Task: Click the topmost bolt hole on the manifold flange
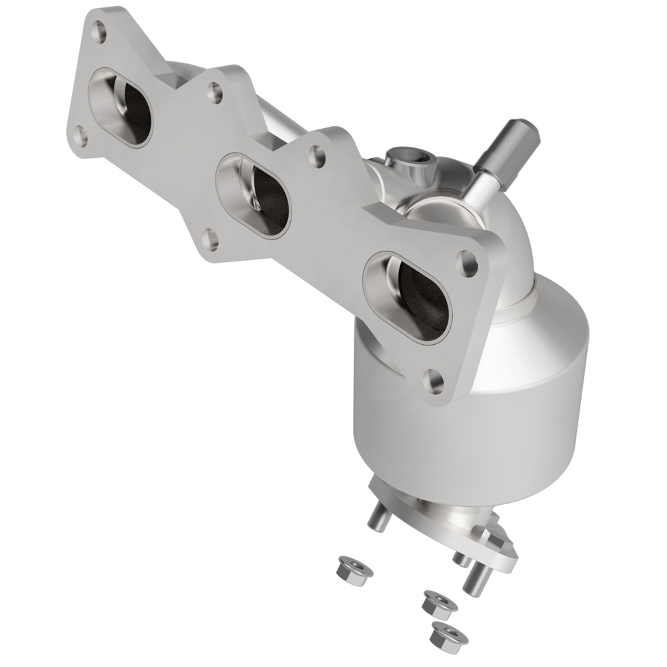tap(99, 29)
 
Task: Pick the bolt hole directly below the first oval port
tap(80, 137)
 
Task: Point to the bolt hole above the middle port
tap(214, 92)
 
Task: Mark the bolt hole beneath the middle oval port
tap(210, 239)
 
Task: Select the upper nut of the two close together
tap(439, 604)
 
